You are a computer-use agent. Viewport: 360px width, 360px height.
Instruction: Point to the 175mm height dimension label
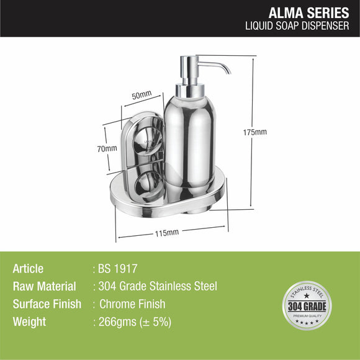point(254,132)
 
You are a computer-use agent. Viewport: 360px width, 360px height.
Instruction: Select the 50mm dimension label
point(141,95)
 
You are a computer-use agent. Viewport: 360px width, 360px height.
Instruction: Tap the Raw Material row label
point(44,287)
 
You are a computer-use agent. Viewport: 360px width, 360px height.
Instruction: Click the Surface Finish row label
point(47,304)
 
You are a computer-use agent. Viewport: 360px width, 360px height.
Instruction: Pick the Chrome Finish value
point(133,304)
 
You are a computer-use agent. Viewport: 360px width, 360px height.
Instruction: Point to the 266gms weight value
point(132,322)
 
